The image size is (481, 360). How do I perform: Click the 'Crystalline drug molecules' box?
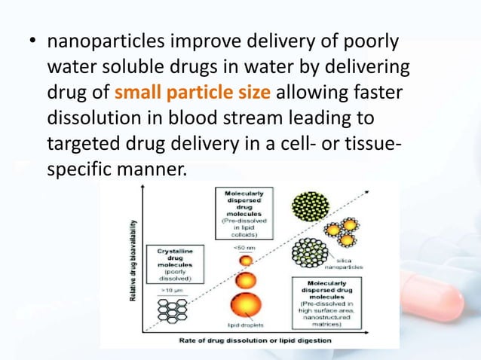coord(174,261)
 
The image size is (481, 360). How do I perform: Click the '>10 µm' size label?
coord(173,288)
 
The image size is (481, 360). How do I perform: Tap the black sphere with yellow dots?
coord(310,203)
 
